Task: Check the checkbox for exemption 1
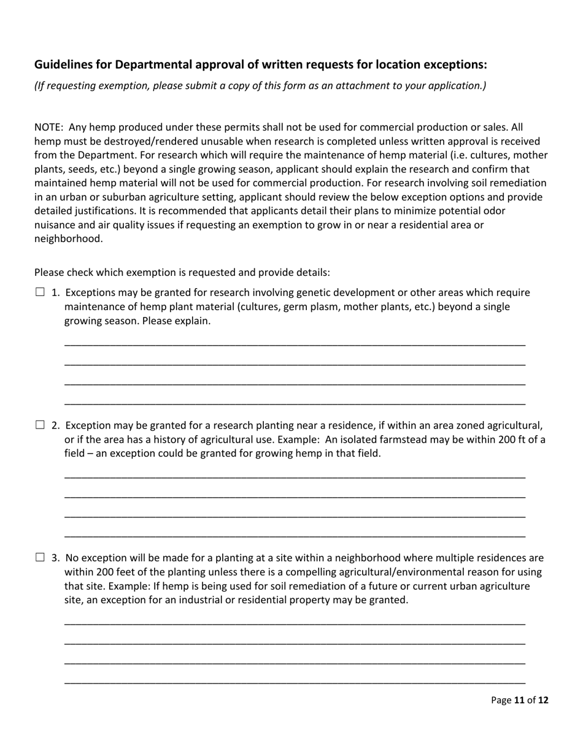40,292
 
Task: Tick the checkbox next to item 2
40,425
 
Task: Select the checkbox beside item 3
40,557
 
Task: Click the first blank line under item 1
295,343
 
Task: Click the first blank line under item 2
295,476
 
